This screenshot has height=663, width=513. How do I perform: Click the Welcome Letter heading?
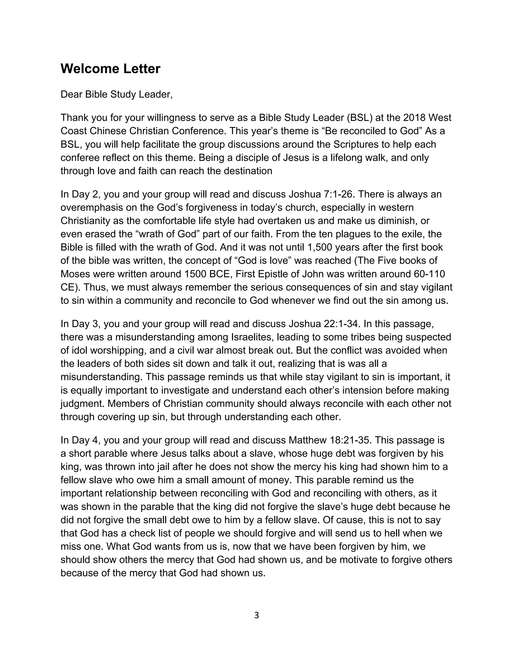(110, 69)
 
